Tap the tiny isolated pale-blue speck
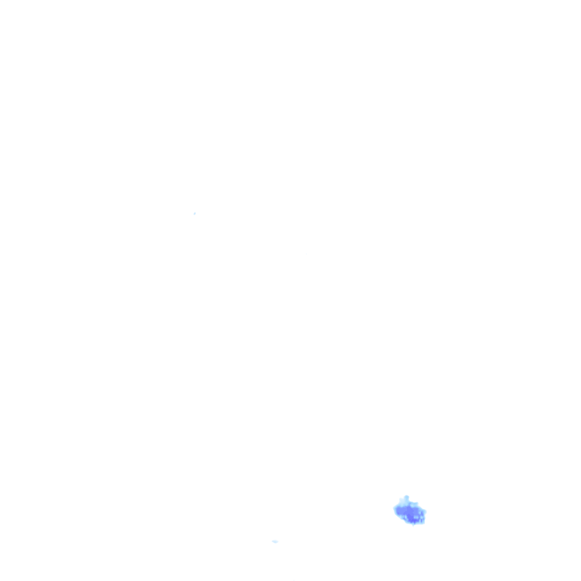point(195,213)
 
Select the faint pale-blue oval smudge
point(275,541)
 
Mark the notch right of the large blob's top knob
point(411,501)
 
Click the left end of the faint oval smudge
point(272,541)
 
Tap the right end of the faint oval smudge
point(278,542)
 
